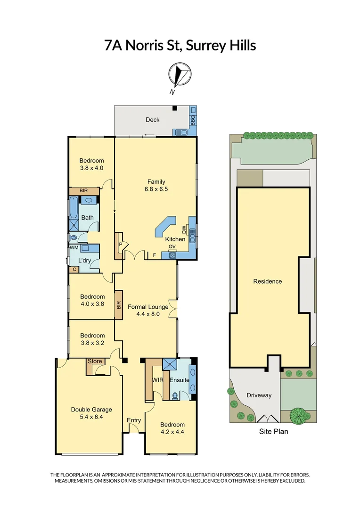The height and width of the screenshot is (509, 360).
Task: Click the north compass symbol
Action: pos(180,75)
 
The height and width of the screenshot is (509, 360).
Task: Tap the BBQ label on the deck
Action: pos(192,121)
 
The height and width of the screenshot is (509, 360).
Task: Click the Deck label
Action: pos(152,120)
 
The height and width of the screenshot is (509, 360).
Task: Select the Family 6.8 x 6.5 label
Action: pos(156,185)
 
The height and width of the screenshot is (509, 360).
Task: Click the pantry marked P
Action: pos(120,245)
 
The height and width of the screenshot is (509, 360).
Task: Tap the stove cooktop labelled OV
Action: pos(172,254)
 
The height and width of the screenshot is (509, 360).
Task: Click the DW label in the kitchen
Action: pos(185,230)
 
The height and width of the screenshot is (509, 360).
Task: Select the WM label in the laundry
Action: pos(74,247)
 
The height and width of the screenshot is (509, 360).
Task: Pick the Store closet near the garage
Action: pos(95,362)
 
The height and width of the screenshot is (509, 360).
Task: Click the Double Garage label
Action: pos(91,413)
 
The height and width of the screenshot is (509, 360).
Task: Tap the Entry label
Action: pos(134,420)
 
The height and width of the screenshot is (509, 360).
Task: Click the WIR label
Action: pos(157,379)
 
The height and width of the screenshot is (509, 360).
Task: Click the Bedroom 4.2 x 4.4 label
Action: pos(172,428)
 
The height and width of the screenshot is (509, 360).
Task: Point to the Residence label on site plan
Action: pos(268,281)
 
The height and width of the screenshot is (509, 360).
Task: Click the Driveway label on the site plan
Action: pos(259,395)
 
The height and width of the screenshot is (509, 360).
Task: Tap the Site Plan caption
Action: pos(273,431)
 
